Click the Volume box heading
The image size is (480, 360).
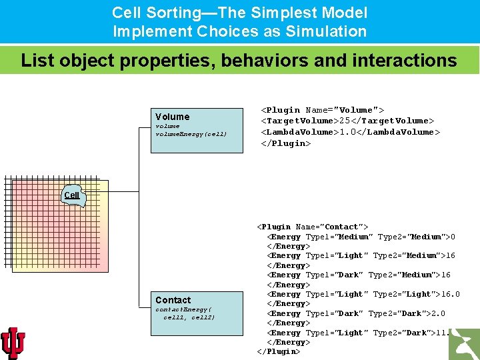click(172, 117)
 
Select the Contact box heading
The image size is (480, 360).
click(173, 301)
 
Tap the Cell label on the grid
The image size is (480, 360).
click(72, 195)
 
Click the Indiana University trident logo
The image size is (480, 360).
click(13, 343)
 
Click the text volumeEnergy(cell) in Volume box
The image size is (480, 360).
click(191, 134)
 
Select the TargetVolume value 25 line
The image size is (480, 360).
click(347, 121)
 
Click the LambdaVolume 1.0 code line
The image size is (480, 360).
click(350, 132)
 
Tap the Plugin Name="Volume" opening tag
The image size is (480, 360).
click(322, 110)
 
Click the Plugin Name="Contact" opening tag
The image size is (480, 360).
click(312, 227)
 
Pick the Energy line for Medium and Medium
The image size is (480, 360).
click(361, 237)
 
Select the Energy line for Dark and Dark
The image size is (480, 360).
click(356, 313)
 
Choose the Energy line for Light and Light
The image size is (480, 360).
click(363, 294)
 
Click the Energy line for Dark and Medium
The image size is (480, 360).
click(359, 275)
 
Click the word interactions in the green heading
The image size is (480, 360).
click(402, 61)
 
